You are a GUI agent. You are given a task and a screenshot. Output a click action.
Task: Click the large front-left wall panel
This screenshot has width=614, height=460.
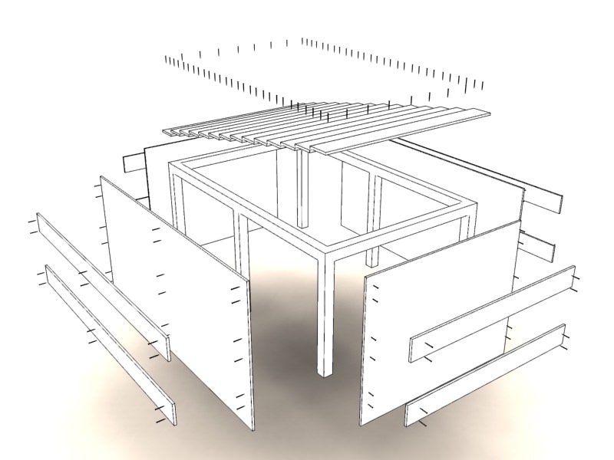click(x=177, y=299)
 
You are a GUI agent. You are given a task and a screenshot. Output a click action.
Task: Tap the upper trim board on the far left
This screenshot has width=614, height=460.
click(x=100, y=284)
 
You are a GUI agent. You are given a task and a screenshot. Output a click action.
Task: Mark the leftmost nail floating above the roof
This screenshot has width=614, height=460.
click(x=167, y=59)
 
